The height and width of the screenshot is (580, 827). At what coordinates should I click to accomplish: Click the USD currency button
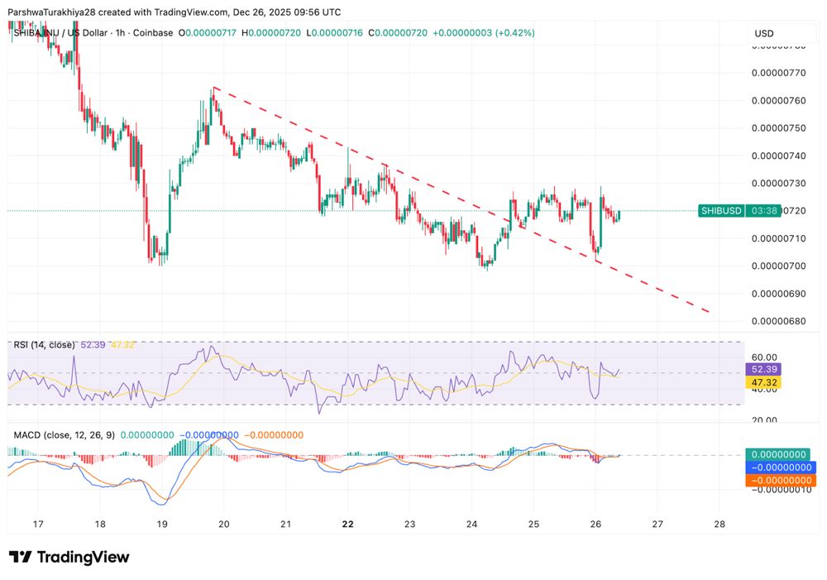pyautogui.click(x=764, y=34)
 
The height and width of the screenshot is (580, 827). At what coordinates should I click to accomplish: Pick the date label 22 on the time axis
pyautogui.click(x=348, y=524)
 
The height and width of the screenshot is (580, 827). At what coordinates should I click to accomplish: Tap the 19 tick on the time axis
pyautogui.click(x=162, y=524)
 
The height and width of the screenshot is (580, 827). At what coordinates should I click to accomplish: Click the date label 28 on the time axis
pyautogui.click(x=719, y=524)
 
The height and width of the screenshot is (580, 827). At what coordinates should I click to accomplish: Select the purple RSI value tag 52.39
pyautogui.click(x=763, y=369)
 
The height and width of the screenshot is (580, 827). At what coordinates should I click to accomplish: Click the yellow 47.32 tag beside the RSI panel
pyautogui.click(x=763, y=383)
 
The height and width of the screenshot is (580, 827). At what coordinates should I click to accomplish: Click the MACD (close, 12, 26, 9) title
pyautogui.click(x=64, y=434)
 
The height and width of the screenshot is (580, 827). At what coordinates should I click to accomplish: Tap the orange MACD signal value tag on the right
pyautogui.click(x=781, y=481)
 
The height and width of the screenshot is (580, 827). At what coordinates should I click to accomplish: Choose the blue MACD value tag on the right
pyautogui.click(x=781, y=467)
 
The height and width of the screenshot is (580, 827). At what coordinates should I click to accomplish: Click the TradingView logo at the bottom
pyautogui.click(x=69, y=557)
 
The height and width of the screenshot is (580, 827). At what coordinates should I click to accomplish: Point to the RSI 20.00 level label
pyautogui.click(x=765, y=420)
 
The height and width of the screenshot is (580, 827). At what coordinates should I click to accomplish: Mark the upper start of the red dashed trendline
pyautogui.click(x=213, y=87)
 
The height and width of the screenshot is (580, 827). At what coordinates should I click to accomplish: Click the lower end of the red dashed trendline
pyautogui.click(x=710, y=312)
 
